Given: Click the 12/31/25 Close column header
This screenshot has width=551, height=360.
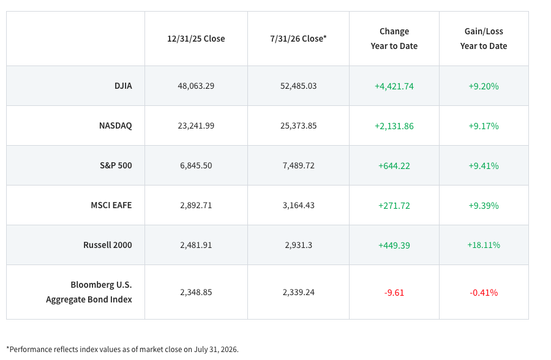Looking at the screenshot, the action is click(196, 39).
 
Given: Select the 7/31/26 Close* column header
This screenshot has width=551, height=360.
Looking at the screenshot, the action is click(298, 39).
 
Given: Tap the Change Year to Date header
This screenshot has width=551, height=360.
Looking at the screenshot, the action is click(394, 39).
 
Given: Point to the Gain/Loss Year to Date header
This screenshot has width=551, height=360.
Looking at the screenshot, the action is click(484, 39).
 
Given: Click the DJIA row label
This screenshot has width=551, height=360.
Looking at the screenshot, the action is click(123, 86).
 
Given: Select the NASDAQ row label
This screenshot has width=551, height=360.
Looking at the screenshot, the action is click(115, 126).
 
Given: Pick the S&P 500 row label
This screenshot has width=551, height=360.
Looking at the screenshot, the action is click(116, 165).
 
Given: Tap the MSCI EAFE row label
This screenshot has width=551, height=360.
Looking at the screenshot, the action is click(111, 205).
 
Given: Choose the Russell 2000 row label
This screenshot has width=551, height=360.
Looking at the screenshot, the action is click(108, 245).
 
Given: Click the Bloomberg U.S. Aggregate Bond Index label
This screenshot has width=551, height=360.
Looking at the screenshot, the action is click(89, 292).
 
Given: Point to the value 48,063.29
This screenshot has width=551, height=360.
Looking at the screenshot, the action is click(196, 86).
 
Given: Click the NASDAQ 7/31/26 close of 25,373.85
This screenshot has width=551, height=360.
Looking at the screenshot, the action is click(298, 126).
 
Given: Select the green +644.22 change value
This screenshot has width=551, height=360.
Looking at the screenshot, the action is click(394, 165).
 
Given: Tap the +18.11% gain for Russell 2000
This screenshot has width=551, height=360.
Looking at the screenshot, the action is click(484, 245).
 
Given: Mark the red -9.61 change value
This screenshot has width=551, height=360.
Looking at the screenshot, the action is click(394, 293).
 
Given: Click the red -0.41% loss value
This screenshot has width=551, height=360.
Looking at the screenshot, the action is click(484, 293).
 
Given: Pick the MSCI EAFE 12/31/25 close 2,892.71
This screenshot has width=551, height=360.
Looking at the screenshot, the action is click(196, 205).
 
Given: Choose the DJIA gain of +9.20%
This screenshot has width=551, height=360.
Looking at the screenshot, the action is click(484, 86).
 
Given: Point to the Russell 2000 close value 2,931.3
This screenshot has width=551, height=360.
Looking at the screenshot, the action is click(298, 245).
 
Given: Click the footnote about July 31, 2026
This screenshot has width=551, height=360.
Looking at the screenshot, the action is click(122, 350).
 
